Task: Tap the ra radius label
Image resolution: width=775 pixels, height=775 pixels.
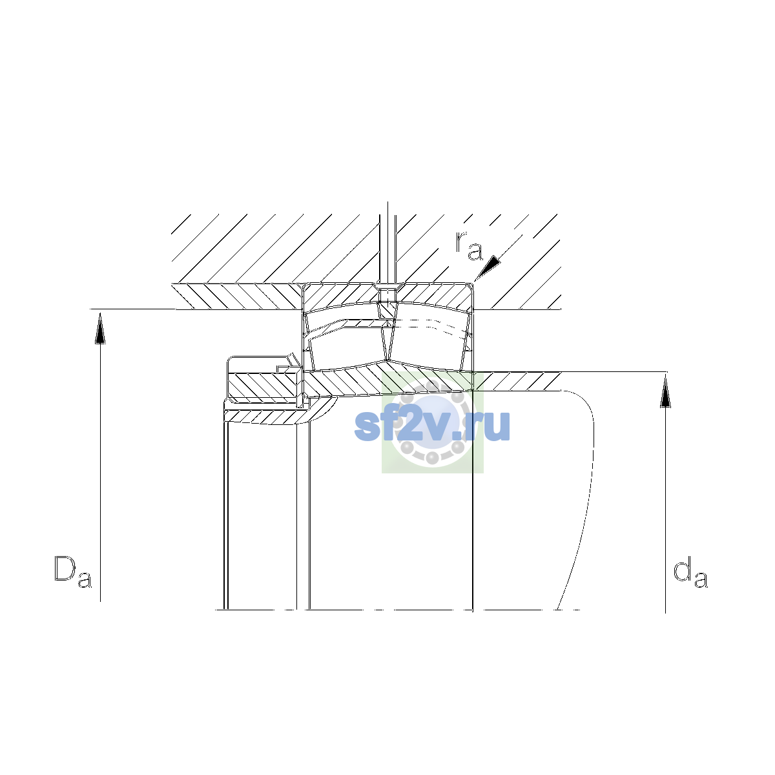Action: pyautogui.click(x=468, y=245)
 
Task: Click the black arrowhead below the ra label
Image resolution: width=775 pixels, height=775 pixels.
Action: pyautogui.click(x=488, y=267)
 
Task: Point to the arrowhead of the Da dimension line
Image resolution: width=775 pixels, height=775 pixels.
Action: pyautogui.click(x=100, y=329)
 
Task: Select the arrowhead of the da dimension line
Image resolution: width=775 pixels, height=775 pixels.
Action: pyautogui.click(x=666, y=392)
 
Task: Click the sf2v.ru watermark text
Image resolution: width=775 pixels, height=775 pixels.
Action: pyautogui.click(x=432, y=425)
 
